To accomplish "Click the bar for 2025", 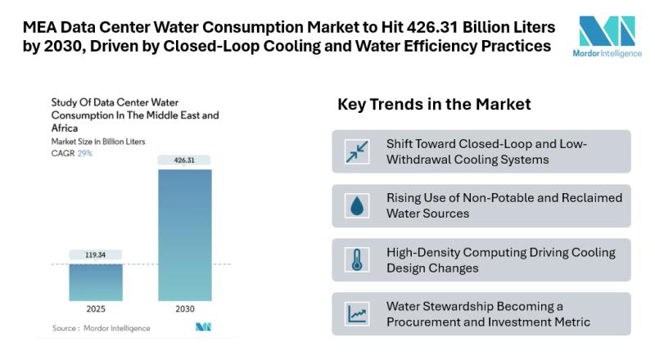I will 95,282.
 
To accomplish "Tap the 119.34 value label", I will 95,254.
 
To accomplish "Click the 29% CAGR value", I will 85,153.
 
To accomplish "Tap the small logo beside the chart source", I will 203,327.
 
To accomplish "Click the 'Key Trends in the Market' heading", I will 434,105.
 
